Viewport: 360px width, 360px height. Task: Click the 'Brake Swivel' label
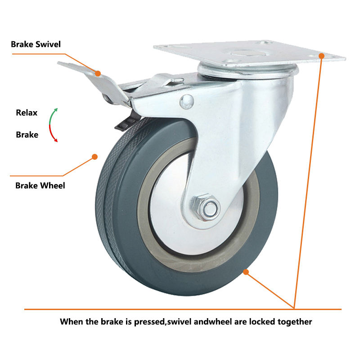(x=36, y=44)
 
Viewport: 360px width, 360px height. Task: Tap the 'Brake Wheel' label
(x=40, y=185)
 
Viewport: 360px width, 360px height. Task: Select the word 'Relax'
(x=27, y=112)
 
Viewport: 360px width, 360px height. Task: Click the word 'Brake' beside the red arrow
(x=27, y=134)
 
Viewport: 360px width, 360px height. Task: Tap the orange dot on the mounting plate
(x=321, y=55)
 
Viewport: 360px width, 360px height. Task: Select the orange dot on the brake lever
(x=98, y=72)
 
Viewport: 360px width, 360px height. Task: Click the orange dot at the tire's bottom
(x=246, y=271)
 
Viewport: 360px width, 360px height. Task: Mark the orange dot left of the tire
(x=94, y=157)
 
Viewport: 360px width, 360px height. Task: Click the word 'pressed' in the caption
(x=146, y=322)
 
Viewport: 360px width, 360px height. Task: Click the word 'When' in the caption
(x=72, y=322)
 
